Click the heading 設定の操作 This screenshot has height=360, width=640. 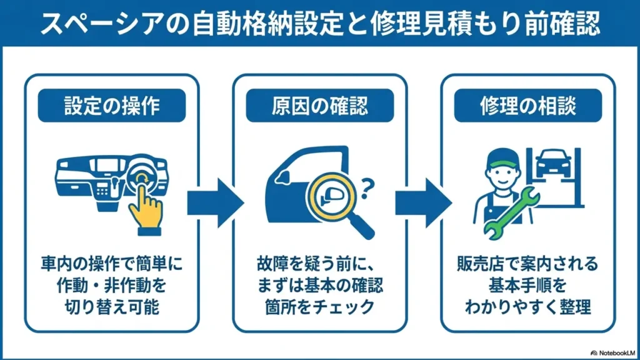click(111, 106)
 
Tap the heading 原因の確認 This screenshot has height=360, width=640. click(319, 106)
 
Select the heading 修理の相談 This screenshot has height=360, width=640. click(527, 106)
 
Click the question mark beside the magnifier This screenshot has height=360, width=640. click(367, 188)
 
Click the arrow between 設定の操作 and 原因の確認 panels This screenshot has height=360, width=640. click(216, 203)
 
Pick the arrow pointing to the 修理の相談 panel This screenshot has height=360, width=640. click(424, 203)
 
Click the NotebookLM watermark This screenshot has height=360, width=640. click(612, 353)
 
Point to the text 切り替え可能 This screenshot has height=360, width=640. click(111, 307)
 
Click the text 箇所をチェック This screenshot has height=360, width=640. click(319, 307)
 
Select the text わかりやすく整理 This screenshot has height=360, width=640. click(527, 307)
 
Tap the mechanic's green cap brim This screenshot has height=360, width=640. click(503, 164)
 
